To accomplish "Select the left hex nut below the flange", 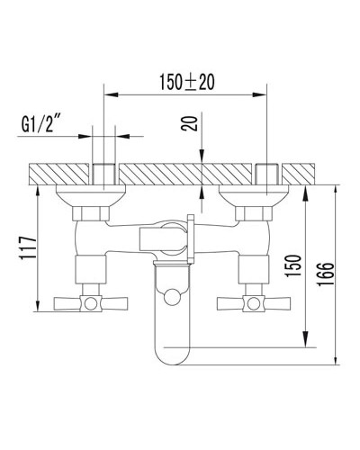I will pyautogui.click(x=91, y=212).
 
